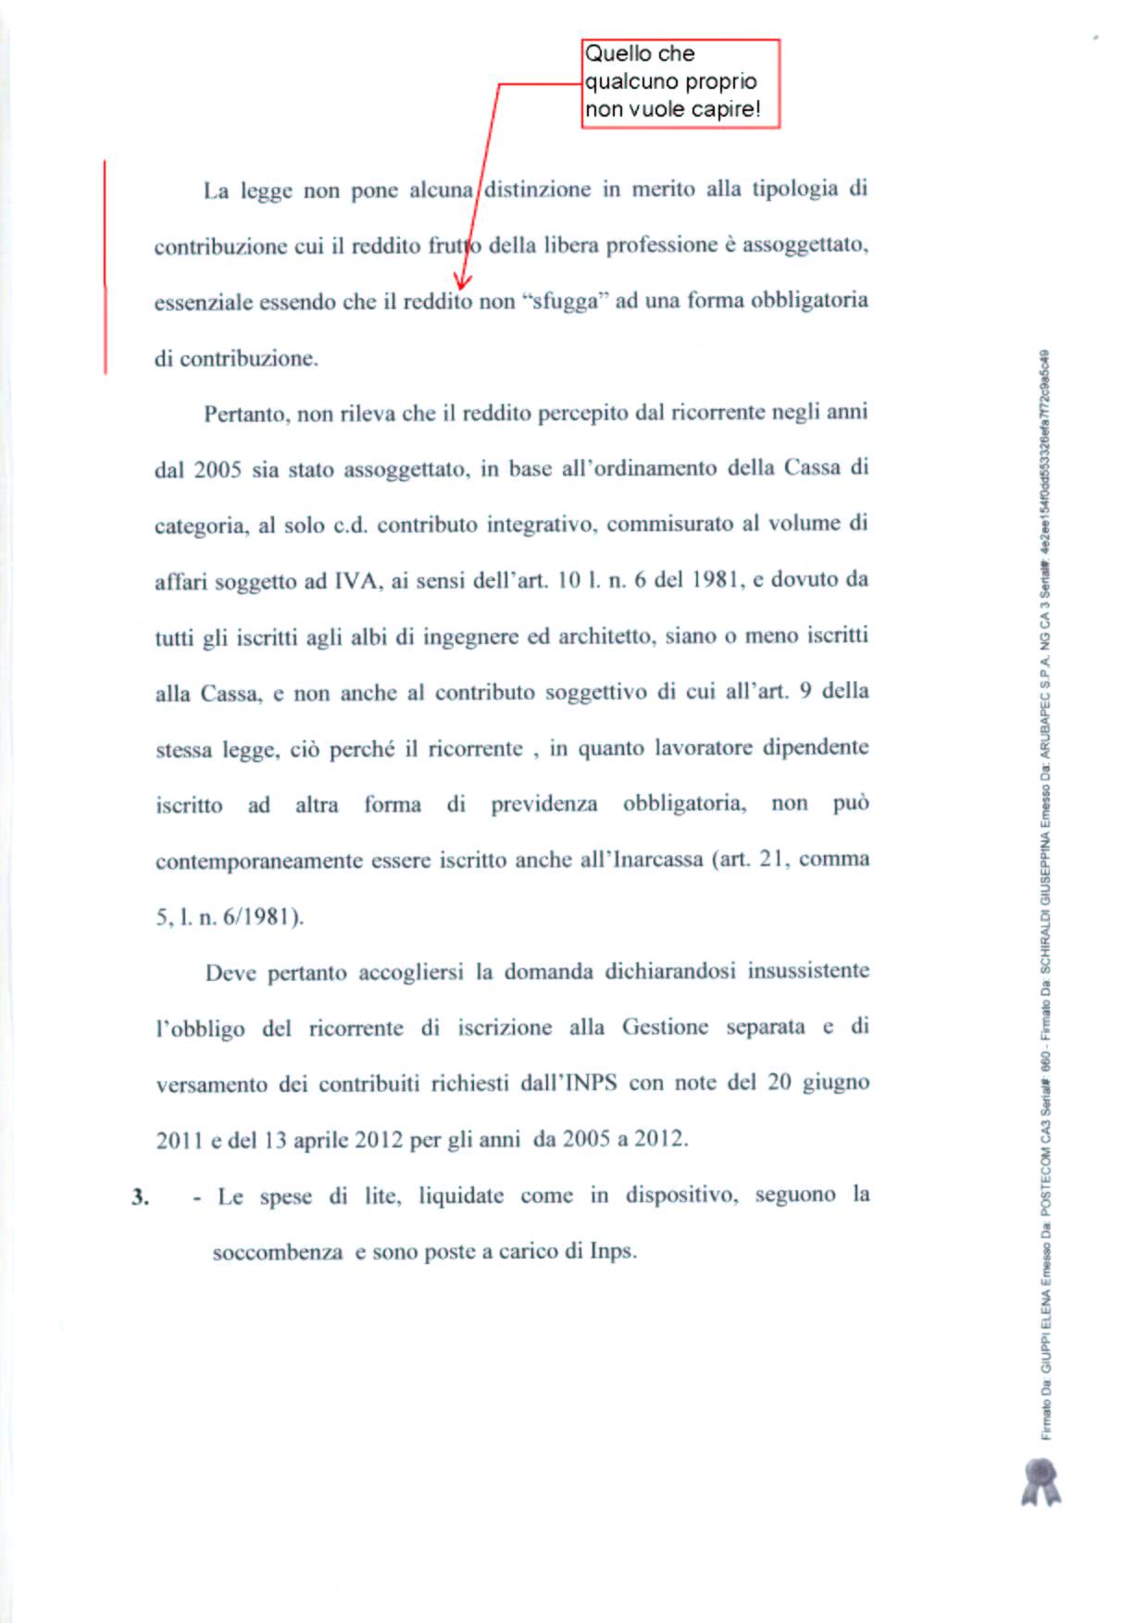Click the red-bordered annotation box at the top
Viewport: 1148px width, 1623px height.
point(680,83)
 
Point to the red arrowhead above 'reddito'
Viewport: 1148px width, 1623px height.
point(462,280)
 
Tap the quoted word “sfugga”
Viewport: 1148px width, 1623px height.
point(564,302)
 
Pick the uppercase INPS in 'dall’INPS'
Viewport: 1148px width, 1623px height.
point(590,1083)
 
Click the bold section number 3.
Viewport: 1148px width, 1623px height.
point(140,1197)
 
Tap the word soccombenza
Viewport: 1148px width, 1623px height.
point(278,1253)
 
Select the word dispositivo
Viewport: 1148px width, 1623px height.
point(681,1196)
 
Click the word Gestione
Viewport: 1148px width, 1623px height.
point(665,1027)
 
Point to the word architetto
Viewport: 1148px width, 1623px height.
point(605,637)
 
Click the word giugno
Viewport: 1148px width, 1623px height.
point(836,1083)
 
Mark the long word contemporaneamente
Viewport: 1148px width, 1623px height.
point(258,861)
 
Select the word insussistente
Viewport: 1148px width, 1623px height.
point(808,971)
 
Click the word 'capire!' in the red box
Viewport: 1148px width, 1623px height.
point(726,109)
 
